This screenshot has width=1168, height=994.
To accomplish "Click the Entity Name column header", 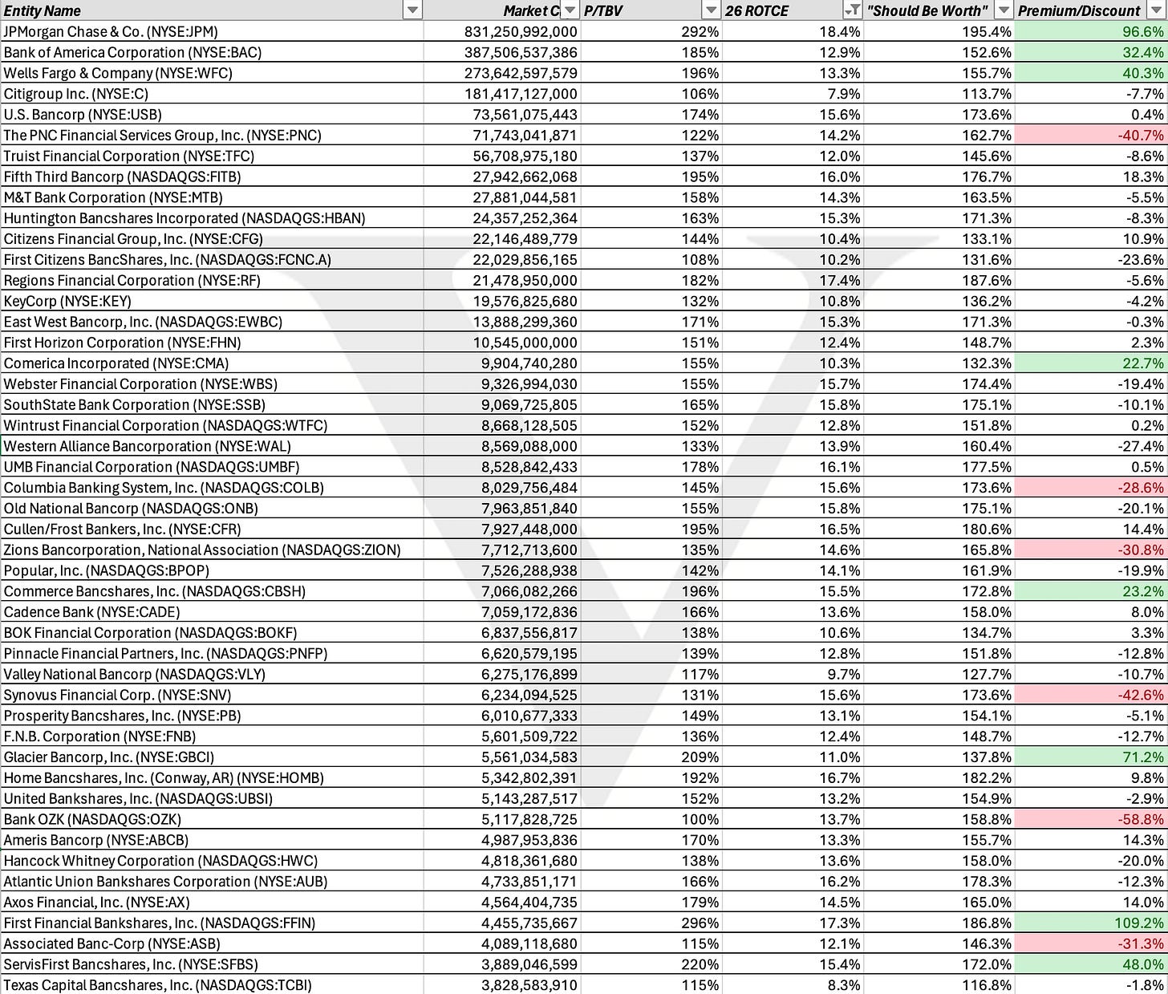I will [x=43, y=10].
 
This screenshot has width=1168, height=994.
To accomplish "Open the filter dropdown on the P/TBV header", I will [x=711, y=10].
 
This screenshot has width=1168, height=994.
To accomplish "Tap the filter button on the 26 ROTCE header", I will [x=853, y=10].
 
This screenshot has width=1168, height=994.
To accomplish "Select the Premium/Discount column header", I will [x=1079, y=10].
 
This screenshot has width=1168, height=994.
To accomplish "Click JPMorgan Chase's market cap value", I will [x=521, y=31].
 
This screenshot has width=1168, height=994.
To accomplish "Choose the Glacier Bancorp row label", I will [x=109, y=757].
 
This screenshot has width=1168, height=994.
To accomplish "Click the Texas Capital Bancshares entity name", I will [x=157, y=985].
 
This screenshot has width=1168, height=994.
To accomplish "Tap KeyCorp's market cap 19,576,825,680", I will [x=525, y=301].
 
